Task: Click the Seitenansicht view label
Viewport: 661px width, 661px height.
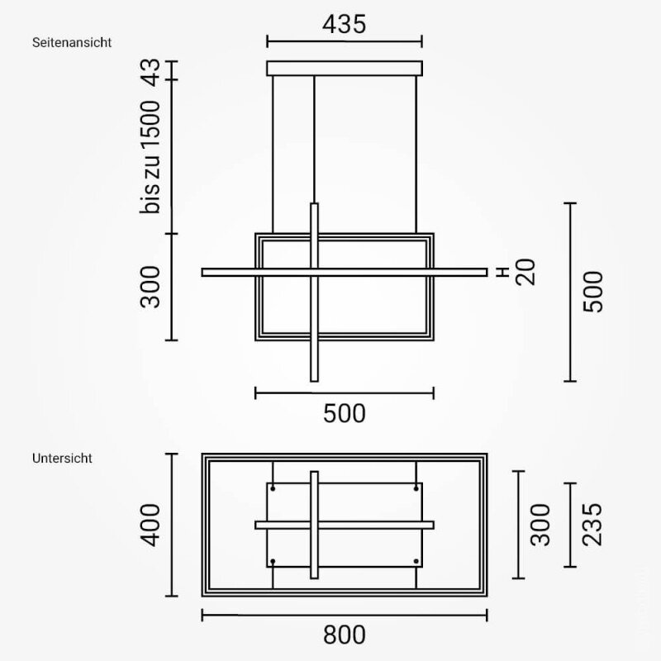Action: point(72,43)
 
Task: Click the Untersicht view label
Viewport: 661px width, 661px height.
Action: point(62,459)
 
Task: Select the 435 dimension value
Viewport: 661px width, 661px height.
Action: point(344,24)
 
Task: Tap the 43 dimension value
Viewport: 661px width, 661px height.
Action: point(150,73)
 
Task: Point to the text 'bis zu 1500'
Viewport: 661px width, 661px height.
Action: point(150,157)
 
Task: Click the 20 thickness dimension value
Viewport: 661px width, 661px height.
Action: point(525,273)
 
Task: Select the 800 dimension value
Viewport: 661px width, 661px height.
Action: point(344,635)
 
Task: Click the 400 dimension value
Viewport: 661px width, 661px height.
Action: point(150,525)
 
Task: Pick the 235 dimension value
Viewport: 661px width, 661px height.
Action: point(592,525)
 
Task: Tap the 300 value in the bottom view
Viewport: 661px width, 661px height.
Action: point(540,525)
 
